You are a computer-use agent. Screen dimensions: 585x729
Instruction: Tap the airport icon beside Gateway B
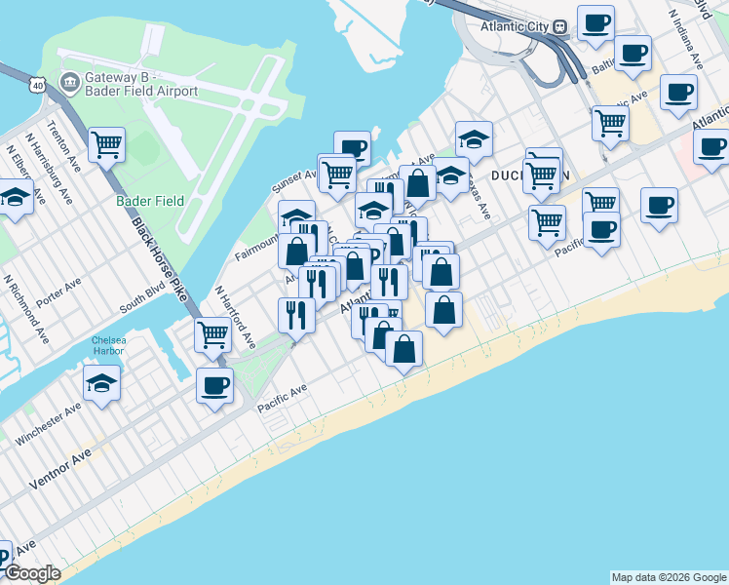pyautogui.click(x=69, y=81)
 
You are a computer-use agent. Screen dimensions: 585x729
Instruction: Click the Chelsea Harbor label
pyautogui.click(x=109, y=346)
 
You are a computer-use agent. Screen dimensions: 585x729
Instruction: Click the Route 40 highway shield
pyautogui.click(x=38, y=86)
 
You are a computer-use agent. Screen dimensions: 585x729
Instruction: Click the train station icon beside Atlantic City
pyautogui.click(x=560, y=27)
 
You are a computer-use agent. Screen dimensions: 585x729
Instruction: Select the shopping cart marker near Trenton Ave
pyautogui.click(x=106, y=145)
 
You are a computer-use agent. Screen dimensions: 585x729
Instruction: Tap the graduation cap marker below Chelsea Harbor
pyautogui.click(x=101, y=384)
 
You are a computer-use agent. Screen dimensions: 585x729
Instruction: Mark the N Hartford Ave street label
pyautogui.click(x=235, y=318)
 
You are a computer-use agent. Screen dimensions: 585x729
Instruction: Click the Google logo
pyautogui.click(x=32, y=573)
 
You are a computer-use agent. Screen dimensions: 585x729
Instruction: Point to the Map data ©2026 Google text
pyautogui.click(x=669, y=577)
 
